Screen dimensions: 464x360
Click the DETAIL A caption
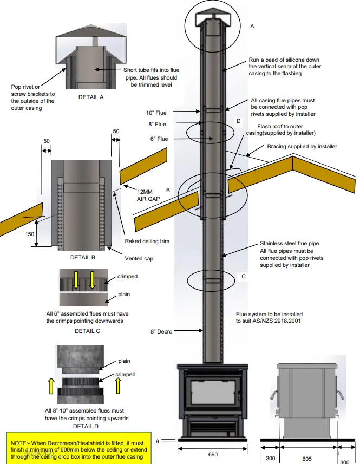[91, 97]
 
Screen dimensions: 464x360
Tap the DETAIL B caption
[83, 257]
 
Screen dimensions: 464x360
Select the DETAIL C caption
[87, 330]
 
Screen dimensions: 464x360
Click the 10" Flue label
[157, 113]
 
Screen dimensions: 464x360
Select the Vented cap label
[139, 259]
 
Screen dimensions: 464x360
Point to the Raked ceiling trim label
[147, 241]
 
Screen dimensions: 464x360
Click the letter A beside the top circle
[252, 26]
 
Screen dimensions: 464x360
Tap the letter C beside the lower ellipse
[244, 276]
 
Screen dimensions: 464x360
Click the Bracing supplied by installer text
[302, 147]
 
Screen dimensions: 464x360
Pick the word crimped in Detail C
[127, 277]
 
